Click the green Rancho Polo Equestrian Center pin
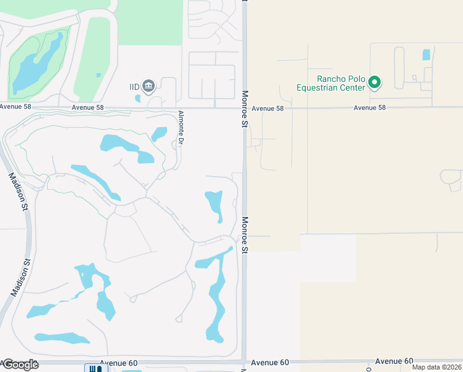pos(374,82)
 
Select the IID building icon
pos(148,85)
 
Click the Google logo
pos(20,365)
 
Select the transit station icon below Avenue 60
pos(93,368)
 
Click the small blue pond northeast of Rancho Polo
pos(426,55)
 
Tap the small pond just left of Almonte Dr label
pos(160,133)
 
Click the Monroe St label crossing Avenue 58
pos(245,109)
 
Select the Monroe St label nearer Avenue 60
pos(245,234)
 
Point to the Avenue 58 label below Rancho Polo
pos(370,108)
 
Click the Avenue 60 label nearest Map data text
pos(394,361)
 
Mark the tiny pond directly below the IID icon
pos(137,98)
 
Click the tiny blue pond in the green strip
pos(98,75)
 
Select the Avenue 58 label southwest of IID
pos(87,107)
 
